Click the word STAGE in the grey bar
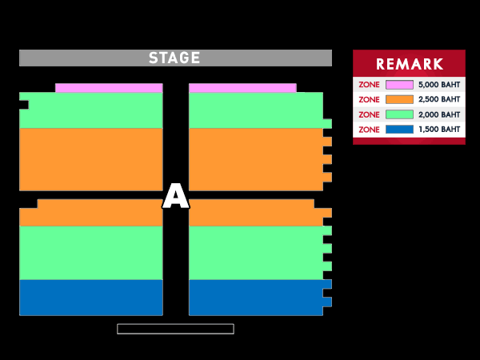(174, 58)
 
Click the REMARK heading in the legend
(409, 64)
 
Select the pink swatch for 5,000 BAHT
(399, 85)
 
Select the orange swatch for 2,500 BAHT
(399, 99)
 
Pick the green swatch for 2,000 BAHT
(399, 114)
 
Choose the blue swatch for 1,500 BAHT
(399, 129)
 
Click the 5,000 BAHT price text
(439, 85)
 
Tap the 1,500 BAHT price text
(439, 129)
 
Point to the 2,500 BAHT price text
(439, 99)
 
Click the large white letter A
(175, 197)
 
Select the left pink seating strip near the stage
(108, 88)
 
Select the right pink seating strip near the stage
(242, 88)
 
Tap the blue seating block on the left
(90, 297)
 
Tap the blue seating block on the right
(256, 297)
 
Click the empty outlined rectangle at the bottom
(175, 329)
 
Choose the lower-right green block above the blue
(256, 252)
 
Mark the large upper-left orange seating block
(90, 158)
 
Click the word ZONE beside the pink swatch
(369, 85)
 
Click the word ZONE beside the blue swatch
(369, 129)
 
